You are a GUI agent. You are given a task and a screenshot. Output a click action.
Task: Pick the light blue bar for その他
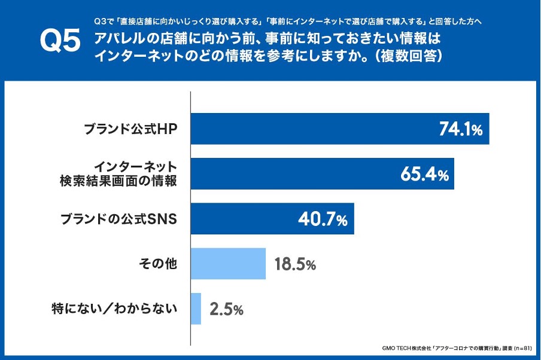[x=228, y=264]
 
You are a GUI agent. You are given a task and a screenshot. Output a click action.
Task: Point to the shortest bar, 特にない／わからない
[x=196, y=309]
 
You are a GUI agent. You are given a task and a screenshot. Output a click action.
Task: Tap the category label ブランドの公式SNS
[x=119, y=219]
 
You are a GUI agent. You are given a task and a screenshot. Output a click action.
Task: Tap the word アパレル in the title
[x=120, y=39]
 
